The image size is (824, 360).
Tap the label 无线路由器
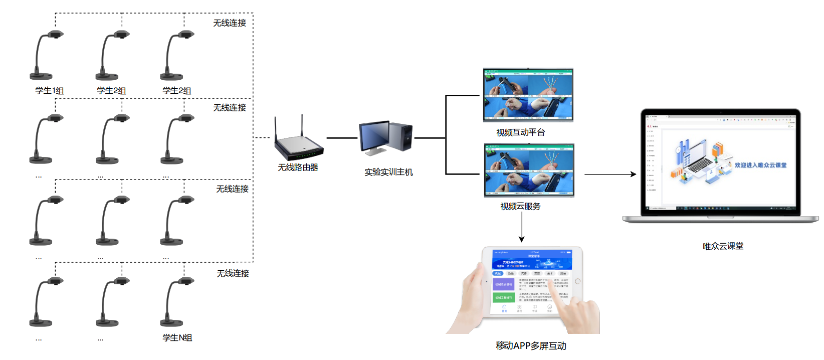298,167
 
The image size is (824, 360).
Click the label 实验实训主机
388,172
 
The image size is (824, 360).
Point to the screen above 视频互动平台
528,95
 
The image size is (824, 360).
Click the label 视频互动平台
520,132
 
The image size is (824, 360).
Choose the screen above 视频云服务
529,169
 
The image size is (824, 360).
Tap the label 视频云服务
520,206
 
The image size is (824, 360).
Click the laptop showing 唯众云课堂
721,165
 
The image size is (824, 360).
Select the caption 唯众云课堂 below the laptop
723,246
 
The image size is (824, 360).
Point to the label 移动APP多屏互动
531,346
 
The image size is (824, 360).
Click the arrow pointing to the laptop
610,174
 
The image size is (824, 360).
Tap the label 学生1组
49,91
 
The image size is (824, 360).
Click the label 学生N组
177,338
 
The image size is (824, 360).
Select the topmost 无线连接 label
230,23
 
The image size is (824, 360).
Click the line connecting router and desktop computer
342,138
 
